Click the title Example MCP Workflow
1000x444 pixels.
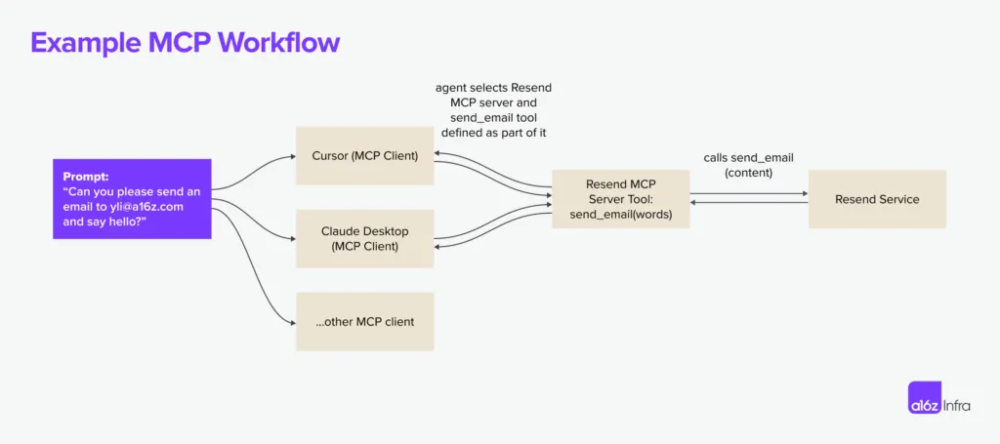click(185, 43)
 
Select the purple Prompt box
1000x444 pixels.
click(132, 199)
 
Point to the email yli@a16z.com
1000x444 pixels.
click(147, 207)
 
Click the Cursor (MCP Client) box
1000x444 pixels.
click(364, 154)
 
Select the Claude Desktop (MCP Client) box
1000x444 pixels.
click(364, 238)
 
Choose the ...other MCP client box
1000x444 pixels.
click(364, 322)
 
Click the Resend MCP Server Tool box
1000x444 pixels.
click(620, 199)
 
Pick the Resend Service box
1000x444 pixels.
click(876, 199)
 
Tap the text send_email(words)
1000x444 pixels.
click(620, 215)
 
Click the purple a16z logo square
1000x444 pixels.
click(925, 404)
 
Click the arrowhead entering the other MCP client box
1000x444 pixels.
click(292, 322)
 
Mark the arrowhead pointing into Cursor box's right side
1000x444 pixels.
click(437, 153)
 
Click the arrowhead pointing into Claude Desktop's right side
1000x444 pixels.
click(437, 248)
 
